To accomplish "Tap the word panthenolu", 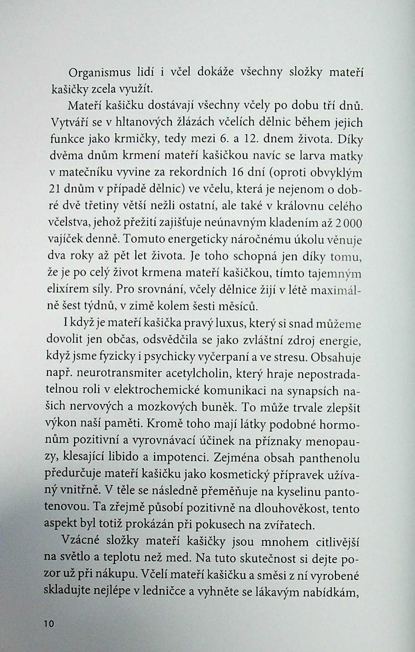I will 330,459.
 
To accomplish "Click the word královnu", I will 300,206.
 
